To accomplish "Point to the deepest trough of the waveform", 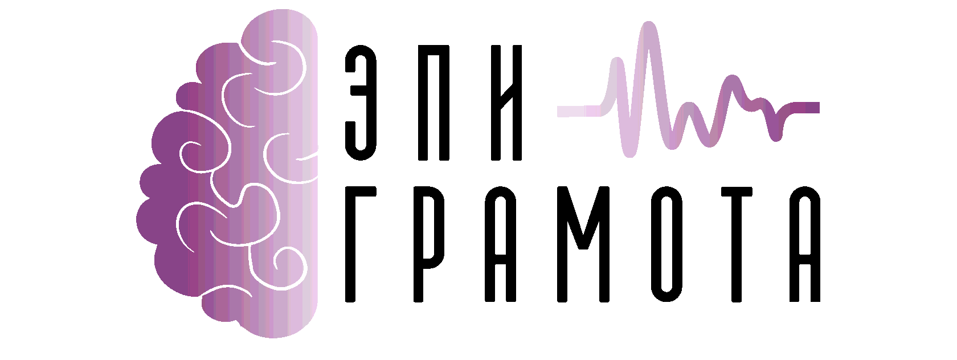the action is (x=629, y=153).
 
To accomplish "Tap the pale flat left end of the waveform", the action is (x=570, y=111).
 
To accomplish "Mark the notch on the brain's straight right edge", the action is (x=314, y=153).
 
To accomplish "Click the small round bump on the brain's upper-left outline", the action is (x=186, y=94).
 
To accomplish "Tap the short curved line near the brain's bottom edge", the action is (x=228, y=291).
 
